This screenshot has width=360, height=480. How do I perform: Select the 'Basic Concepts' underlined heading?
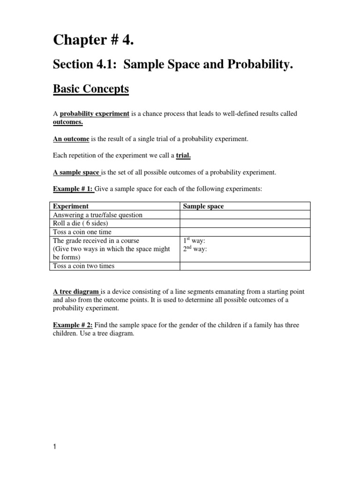coord(91,89)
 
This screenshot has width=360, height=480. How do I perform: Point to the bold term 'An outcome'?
coord(71,139)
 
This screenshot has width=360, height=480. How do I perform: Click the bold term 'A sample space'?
coord(76,172)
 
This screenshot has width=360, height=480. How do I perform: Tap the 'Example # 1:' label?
coord(73,189)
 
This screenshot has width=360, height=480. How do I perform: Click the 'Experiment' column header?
coord(71,206)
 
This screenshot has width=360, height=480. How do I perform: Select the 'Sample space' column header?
coord(203,206)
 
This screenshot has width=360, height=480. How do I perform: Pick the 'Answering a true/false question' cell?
coord(97,215)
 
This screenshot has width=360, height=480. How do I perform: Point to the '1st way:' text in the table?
coord(194,241)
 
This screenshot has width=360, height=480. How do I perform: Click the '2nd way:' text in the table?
coord(195,249)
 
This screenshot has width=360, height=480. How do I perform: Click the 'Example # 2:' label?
coord(73,325)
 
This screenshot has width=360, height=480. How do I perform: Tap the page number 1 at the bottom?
coord(54,447)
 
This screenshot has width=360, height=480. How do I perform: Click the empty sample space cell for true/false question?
coord(245,215)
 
